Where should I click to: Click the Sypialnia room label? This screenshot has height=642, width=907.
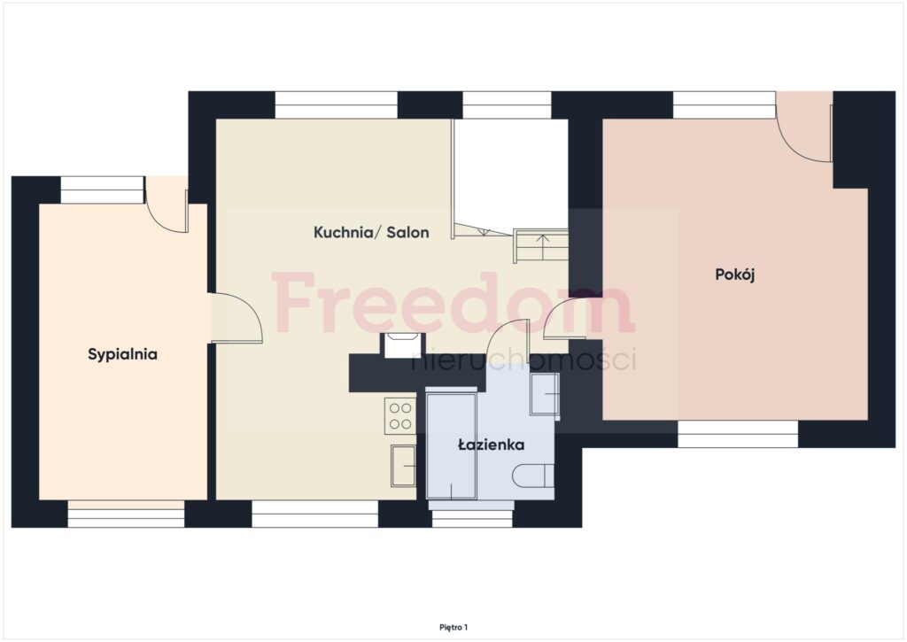pyautogui.click(x=122, y=354)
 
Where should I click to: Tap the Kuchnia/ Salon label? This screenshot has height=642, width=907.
pyautogui.click(x=371, y=233)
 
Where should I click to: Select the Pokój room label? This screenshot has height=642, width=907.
pyautogui.click(x=735, y=275)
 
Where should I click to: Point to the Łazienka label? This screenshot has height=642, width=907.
pyautogui.click(x=491, y=445)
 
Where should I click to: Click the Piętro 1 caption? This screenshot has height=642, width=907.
pyautogui.click(x=453, y=627)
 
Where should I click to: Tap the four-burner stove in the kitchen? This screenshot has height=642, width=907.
pyautogui.click(x=400, y=416)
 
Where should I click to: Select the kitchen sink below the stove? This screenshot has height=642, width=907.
pyautogui.click(x=403, y=466)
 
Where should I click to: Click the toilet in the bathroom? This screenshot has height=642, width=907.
pyautogui.click(x=532, y=476)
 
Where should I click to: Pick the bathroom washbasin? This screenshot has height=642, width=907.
pyautogui.click(x=545, y=394)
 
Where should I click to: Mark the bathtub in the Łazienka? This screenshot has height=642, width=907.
pyautogui.click(x=451, y=446)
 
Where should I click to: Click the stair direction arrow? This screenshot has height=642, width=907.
pyautogui.click(x=542, y=247)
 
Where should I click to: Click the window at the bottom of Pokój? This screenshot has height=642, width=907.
pyautogui.click(x=738, y=434)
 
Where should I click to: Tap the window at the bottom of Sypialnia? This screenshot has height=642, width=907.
pyautogui.click(x=126, y=514)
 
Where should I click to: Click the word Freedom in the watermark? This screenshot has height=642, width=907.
pyautogui.click(x=453, y=304)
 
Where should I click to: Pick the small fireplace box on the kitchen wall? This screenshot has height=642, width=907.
pyautogui.click(x=403, y=345)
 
